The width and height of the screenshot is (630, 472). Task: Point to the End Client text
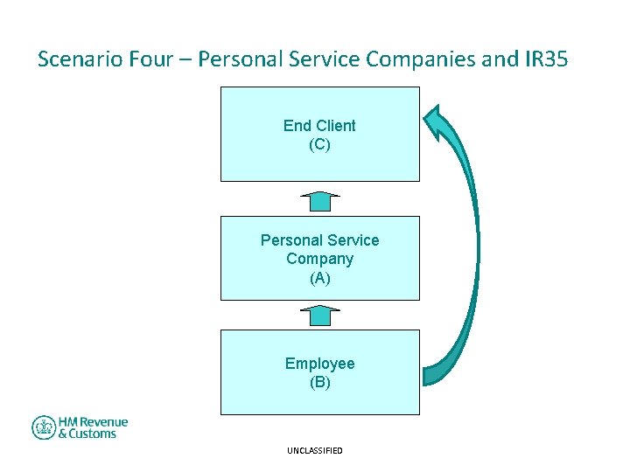[319, 126]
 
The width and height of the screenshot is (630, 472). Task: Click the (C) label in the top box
[319, 145]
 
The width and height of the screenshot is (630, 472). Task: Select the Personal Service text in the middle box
[319, 240]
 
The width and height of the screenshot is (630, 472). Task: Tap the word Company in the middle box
[319, 259]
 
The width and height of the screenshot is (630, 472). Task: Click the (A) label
[319, 278]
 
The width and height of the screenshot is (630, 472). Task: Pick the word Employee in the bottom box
[319, 364]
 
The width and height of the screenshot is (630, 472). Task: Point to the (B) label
[319, 383]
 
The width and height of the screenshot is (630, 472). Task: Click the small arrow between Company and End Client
[320, 201]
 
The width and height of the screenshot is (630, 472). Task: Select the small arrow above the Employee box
[320, 315]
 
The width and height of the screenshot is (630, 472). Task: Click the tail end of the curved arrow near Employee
[430, 374]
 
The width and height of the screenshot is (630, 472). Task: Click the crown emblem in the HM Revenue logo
[44, 427]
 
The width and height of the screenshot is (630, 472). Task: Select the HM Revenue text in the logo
[93, 422]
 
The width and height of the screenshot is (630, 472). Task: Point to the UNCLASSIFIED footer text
[314, 451]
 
